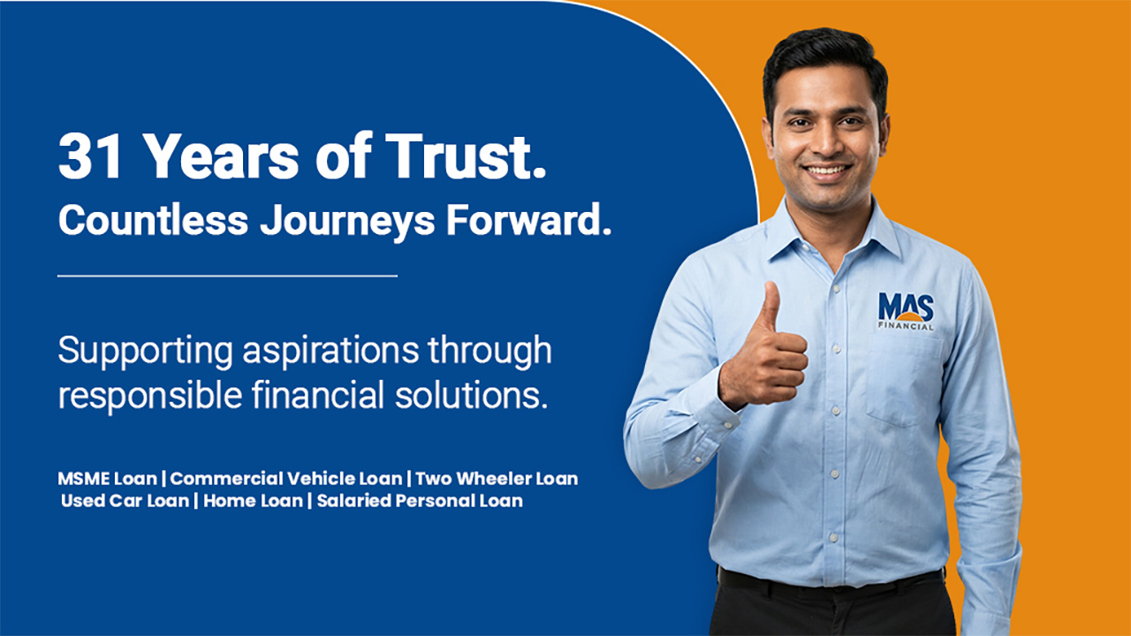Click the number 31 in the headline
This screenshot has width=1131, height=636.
coord(90,156)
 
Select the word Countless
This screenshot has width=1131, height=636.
coord(153,220)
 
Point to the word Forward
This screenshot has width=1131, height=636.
coord(528,220)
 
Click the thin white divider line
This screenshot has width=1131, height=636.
coord(228,276)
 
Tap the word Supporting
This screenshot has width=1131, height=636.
coord(146,352)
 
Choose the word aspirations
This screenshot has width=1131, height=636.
coord(330,352)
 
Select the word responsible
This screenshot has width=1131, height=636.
coord(150,397)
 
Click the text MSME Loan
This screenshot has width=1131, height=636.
coord(108,479)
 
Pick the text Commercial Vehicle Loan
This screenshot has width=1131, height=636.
coord(286,479)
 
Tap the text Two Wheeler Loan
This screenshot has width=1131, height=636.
coord(497,479)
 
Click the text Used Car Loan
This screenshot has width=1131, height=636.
coord(125,501)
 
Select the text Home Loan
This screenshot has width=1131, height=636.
coord(253,501)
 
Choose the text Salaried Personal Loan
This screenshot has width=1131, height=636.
coord(420,501)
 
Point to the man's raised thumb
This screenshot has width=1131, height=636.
coord(770,306)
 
